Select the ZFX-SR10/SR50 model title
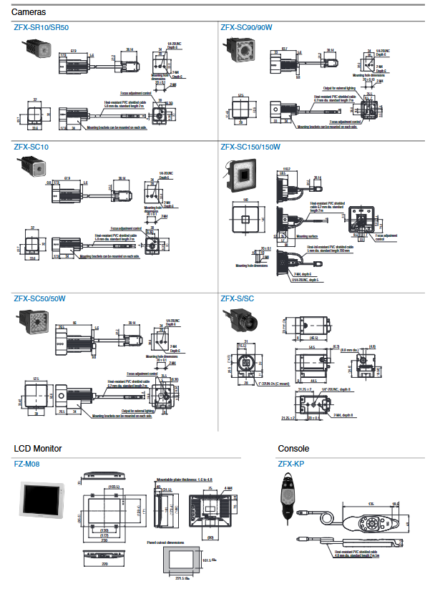click(41, 27)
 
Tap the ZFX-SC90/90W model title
click(247, 27)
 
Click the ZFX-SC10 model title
click(31, 147)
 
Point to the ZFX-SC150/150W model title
click(251, 147)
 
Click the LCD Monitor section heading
click(38, 449)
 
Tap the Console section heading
click(294, 449)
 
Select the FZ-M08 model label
click(26, 463)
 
